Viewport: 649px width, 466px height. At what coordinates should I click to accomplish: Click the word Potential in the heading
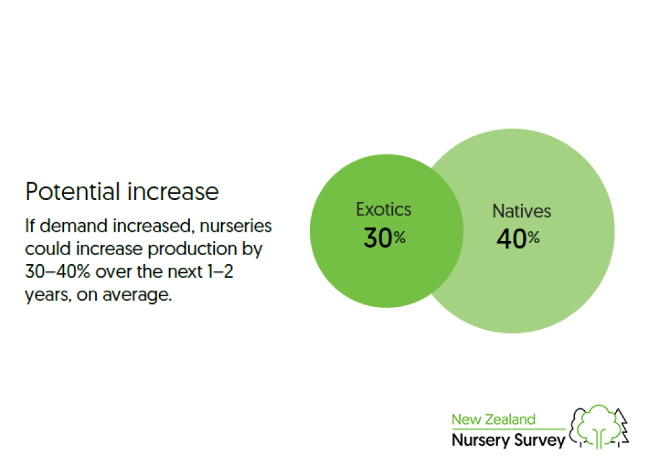[73, 191]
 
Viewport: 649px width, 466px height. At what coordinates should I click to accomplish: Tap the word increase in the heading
[173, 191]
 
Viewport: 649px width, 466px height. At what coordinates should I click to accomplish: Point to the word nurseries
[236, 226]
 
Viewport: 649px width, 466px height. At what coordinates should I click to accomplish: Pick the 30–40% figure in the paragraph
[58, 272]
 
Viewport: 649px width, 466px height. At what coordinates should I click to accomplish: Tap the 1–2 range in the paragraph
[221, 272]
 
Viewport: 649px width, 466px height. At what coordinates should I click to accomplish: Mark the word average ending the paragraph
[137, 295]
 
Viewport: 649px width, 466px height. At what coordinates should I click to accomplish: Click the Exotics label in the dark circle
[383, 209]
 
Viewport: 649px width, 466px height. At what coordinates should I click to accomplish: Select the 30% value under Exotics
[385, 238]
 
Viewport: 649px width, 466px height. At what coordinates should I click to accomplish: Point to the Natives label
[522, 211]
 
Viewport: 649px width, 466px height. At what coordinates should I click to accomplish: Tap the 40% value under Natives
[518, 239]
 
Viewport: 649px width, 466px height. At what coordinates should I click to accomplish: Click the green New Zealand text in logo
[493, 419]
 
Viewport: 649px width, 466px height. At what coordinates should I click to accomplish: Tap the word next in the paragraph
[184, 272]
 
